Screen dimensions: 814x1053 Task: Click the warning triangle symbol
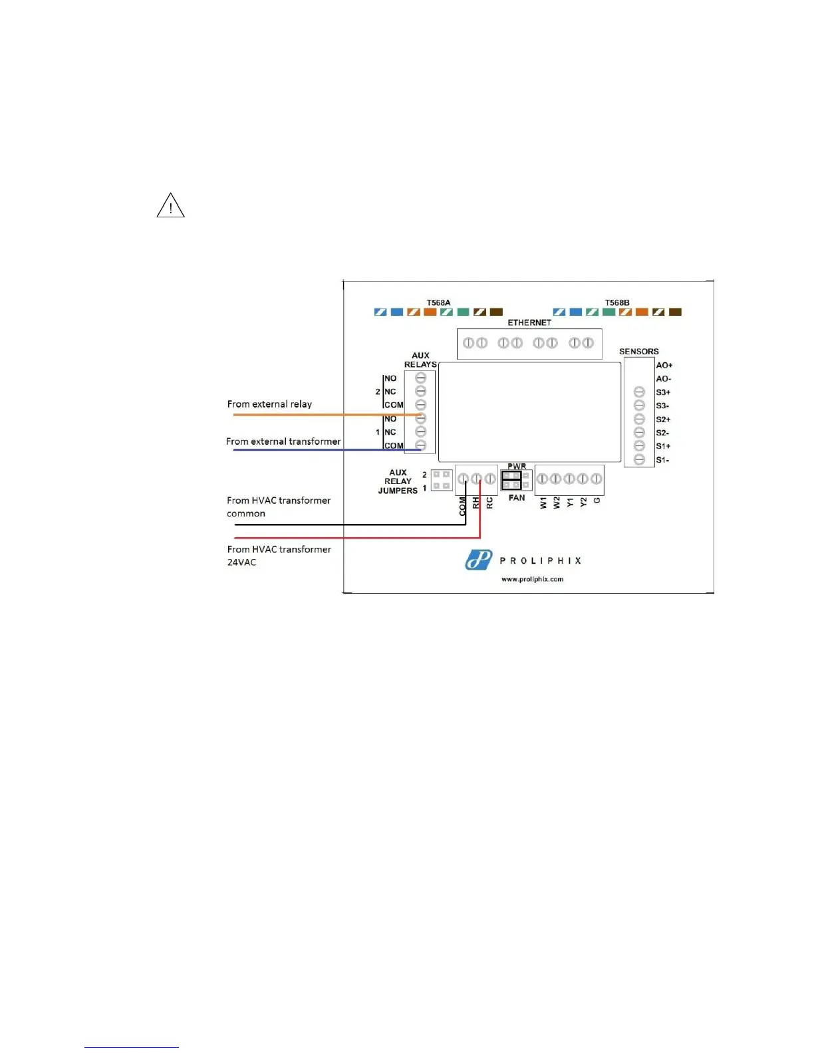pos(170,205)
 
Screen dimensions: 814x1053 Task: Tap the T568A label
pos(438,303)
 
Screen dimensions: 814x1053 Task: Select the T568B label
pos(616,303)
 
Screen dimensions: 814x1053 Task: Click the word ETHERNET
pos(529,322)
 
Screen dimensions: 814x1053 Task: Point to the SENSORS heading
pos(638,352)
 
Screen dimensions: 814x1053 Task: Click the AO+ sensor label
pos(664,365)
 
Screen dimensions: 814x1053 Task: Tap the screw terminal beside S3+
pos(639,392)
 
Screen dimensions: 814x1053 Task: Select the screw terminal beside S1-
pos(639,460)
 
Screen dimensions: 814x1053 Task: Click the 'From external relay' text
pos(269,404)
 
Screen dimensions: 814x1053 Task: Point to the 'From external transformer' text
pos(283,441)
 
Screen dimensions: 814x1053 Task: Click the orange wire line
pos(319,415)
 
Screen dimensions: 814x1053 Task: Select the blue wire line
pos(319,450)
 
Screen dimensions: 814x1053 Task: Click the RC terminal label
pos(489,503)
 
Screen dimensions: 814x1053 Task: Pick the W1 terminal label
pos(543,503)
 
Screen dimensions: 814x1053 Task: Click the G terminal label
pos(597,500)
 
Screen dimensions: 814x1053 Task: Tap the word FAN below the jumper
pos(517,498)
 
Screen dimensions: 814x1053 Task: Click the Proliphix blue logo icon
pos(478,560)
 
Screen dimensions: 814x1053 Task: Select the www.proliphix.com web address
pos(532,579)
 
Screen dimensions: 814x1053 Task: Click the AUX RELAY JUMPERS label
pos(398,481)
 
